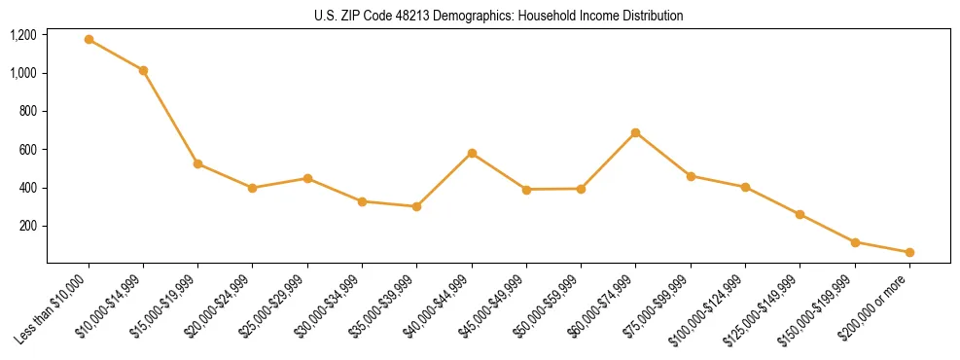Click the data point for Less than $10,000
(89, 40)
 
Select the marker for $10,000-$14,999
(143, 70)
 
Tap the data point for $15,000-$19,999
(197, 163)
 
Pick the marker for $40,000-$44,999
(472, 153)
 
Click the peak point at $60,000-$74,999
(635, 132)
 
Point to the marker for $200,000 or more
(909, 252)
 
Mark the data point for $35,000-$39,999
(416, 206)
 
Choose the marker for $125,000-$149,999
(800, 214)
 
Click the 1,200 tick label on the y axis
(23, 35)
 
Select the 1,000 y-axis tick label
(23, 73)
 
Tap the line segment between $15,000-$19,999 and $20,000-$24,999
(225, 176)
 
